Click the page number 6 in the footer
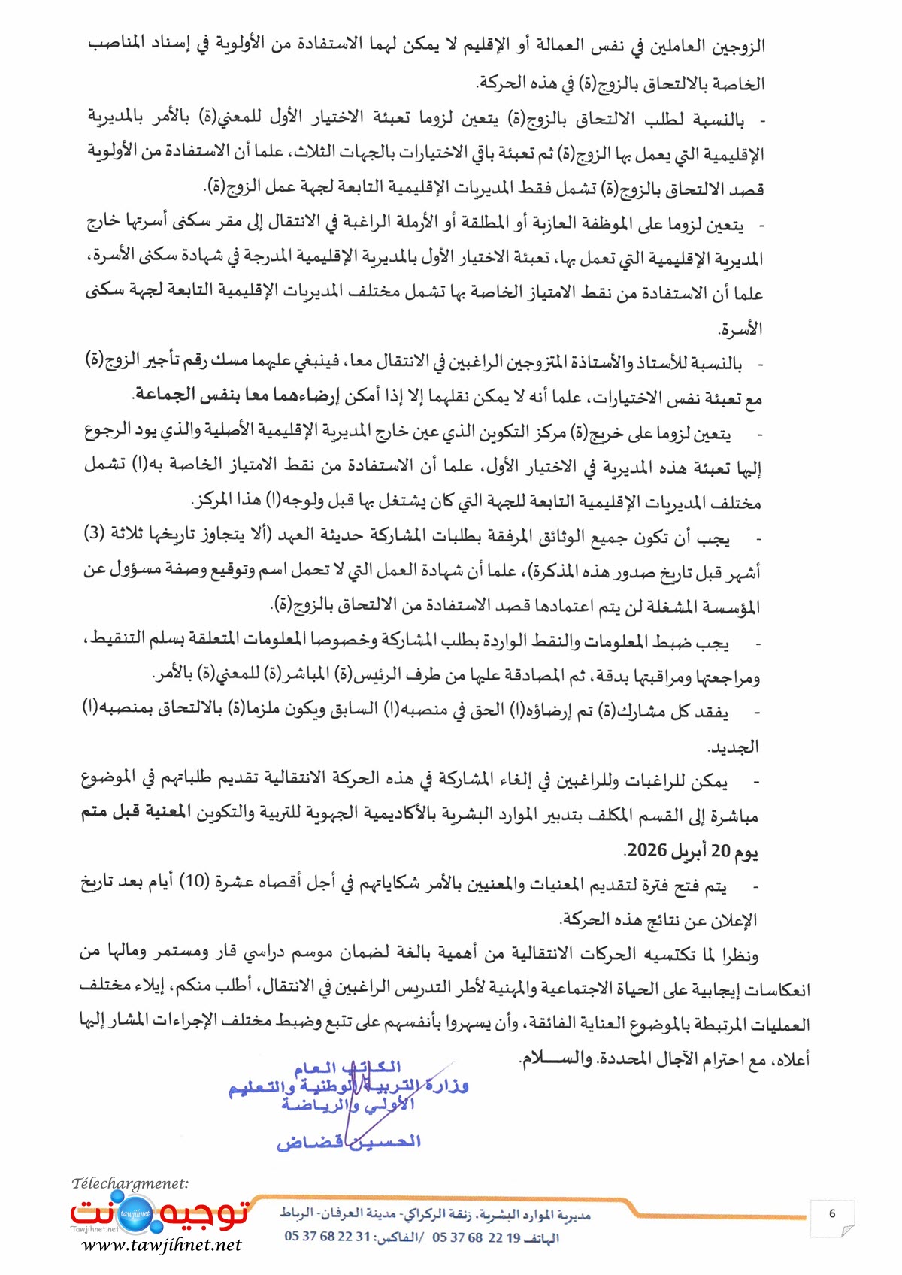click(832, 1213)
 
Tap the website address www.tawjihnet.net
click(162, 1245)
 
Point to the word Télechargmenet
click(129, 1183)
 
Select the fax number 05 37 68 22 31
click(328, 1237)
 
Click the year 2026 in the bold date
click(647, 850)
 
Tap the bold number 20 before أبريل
click(721, 850)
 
